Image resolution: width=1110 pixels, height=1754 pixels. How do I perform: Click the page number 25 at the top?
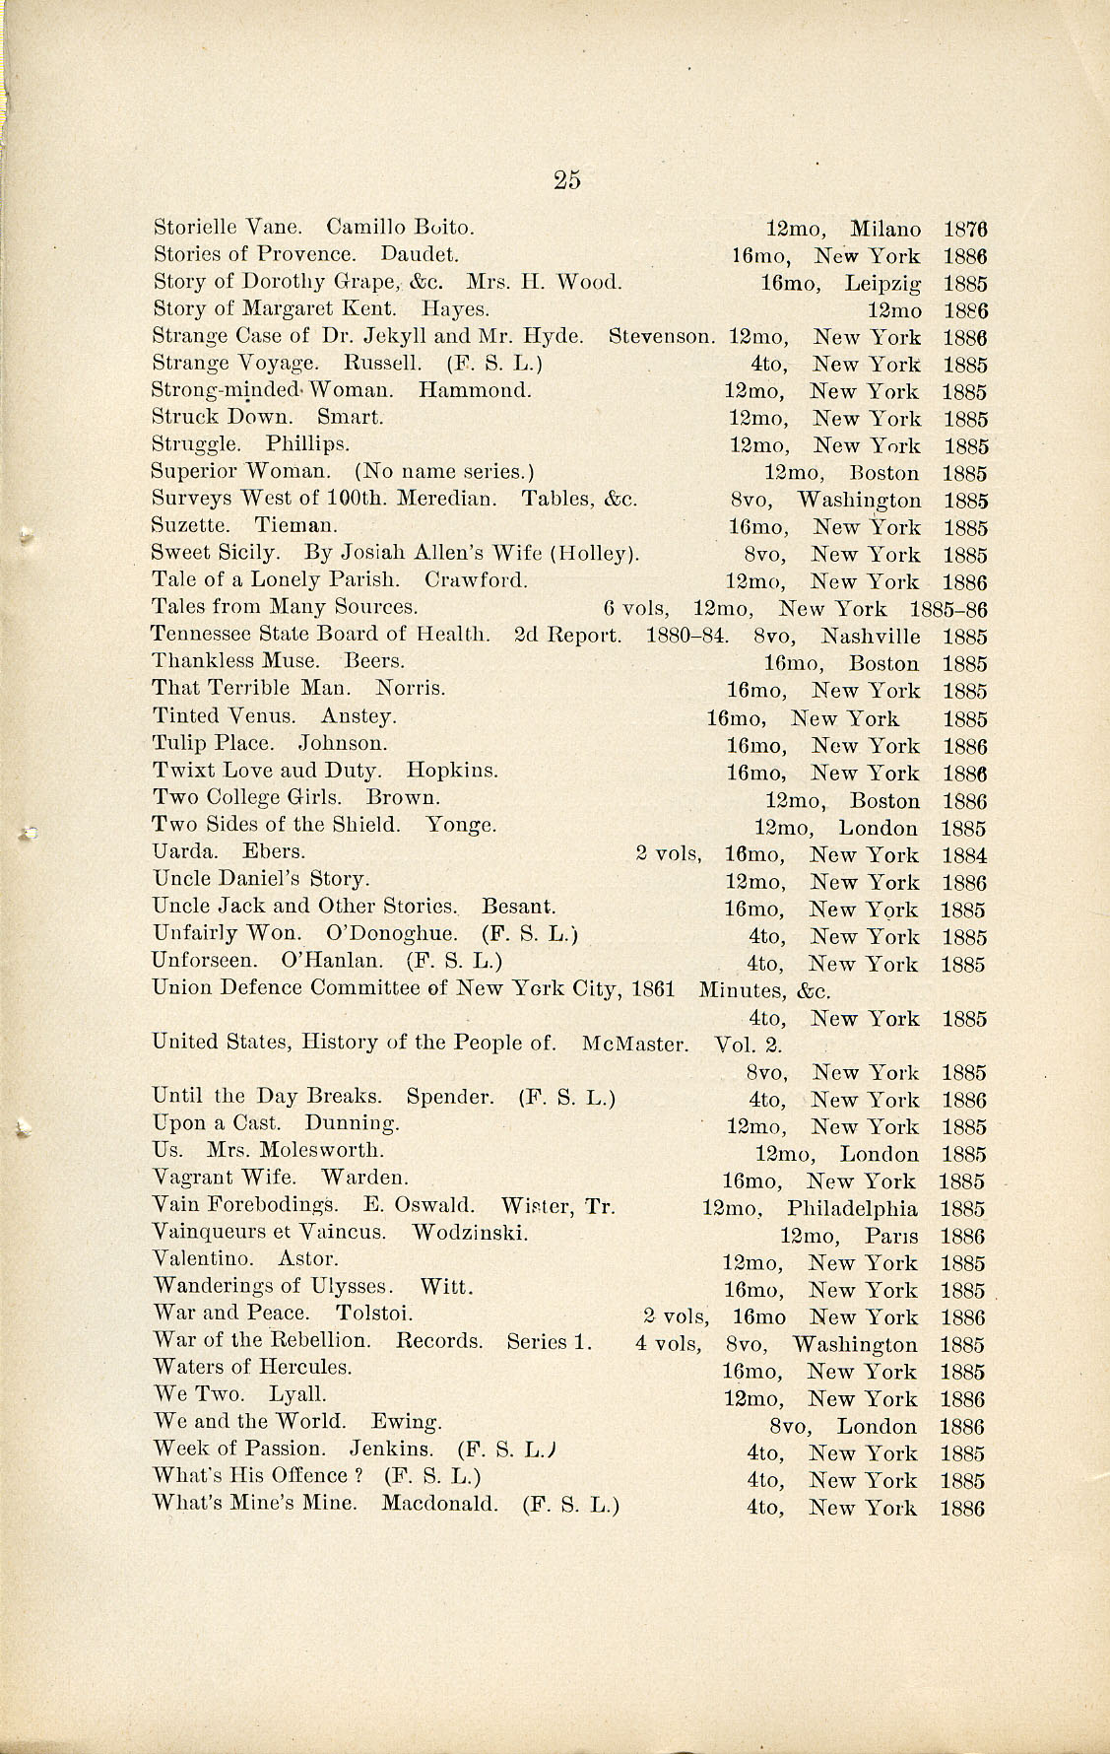[x=567, y=179]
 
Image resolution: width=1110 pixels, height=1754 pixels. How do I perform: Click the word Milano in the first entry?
[x=885, y=229]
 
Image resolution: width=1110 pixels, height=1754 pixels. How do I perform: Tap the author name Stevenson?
[x=661, y=337]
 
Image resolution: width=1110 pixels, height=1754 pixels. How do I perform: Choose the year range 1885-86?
[x=948, y=609]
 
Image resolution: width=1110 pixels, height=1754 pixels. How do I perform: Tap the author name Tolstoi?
[x=373, y=1313]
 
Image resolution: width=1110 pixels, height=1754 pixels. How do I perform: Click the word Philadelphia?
[x=852, y=1209]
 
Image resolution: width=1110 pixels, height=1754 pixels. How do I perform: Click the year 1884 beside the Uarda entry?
[x=963, y=855]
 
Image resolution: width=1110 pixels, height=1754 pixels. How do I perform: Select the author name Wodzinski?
[x=470, y=1232]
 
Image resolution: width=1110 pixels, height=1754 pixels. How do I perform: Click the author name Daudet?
[x=419, y=254]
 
